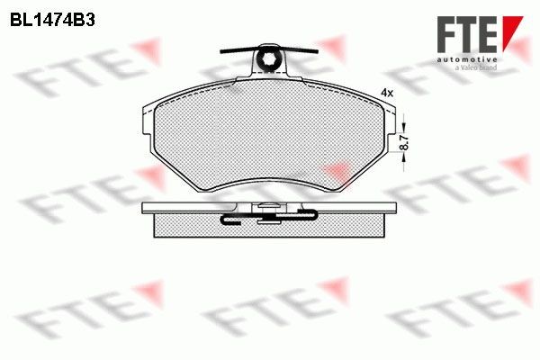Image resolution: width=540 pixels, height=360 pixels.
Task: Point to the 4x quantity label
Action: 387,93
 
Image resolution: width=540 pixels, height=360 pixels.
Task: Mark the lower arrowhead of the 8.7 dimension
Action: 404,157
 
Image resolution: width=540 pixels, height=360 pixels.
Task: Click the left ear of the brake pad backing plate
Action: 147,126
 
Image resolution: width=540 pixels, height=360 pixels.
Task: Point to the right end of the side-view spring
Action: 312,215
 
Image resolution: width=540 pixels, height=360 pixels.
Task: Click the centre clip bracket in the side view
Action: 267,212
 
